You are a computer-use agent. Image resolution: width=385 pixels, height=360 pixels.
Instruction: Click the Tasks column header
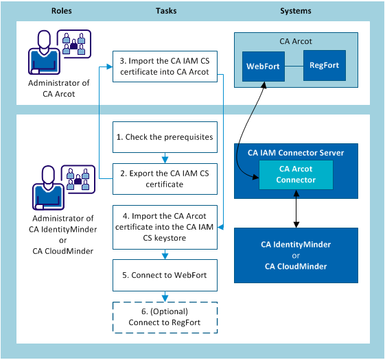pos(165,11)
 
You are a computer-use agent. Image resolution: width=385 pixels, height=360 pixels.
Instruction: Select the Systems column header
pos(296,11)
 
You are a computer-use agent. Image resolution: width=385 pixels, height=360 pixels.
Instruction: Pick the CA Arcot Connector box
pos(296,174)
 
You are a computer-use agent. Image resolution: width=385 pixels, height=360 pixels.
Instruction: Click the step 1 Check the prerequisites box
pos(165,136)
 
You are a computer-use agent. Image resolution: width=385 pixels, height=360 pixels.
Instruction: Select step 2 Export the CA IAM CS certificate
pos(165,178)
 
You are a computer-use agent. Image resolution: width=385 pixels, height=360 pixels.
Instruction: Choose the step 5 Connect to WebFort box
pos(165,277)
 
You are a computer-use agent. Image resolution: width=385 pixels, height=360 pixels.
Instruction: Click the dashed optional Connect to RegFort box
pos(165,317)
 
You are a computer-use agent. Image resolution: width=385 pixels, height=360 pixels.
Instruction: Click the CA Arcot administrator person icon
pos(41,55)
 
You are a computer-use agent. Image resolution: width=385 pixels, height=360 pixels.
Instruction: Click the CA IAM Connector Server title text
pos(296,152)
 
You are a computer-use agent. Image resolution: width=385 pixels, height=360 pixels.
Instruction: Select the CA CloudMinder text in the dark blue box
pos(296,266)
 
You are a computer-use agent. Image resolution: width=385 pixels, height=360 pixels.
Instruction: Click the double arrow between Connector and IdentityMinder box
pos(296,209)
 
